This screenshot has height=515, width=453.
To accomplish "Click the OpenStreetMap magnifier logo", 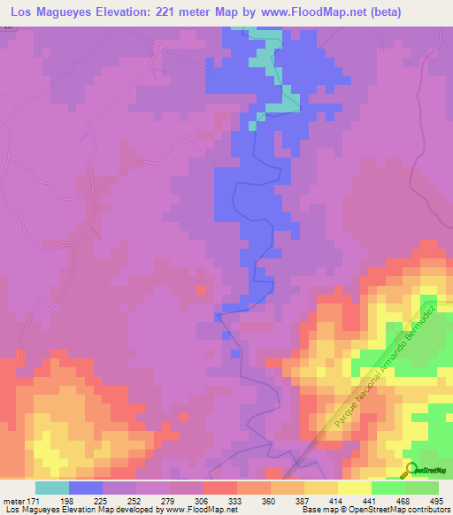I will click(411, 469).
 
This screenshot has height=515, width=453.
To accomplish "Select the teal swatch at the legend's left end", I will click(52, 488).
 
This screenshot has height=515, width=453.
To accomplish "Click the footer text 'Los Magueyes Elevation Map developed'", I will click(66, 511).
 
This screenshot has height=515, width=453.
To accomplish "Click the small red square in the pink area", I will click(201, 289).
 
